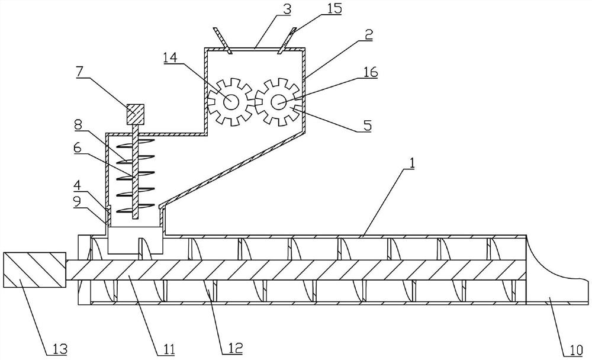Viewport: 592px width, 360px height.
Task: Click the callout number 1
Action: pyautogui.click(x=412, y=163)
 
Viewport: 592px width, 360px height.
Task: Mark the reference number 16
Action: pyautogui.click(x=371, y=72)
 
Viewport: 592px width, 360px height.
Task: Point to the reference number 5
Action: pyautogui.click(x=368, y=125)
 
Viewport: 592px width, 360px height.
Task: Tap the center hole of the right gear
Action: pyautogui.click(x=279, y=102)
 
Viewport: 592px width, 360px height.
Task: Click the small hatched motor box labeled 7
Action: pyautogui.click(x=135, y=114)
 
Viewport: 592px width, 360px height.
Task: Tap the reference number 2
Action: pyautogui.click(x=369, y=35)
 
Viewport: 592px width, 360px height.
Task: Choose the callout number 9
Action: pyautogui.click(x=77, y=202)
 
